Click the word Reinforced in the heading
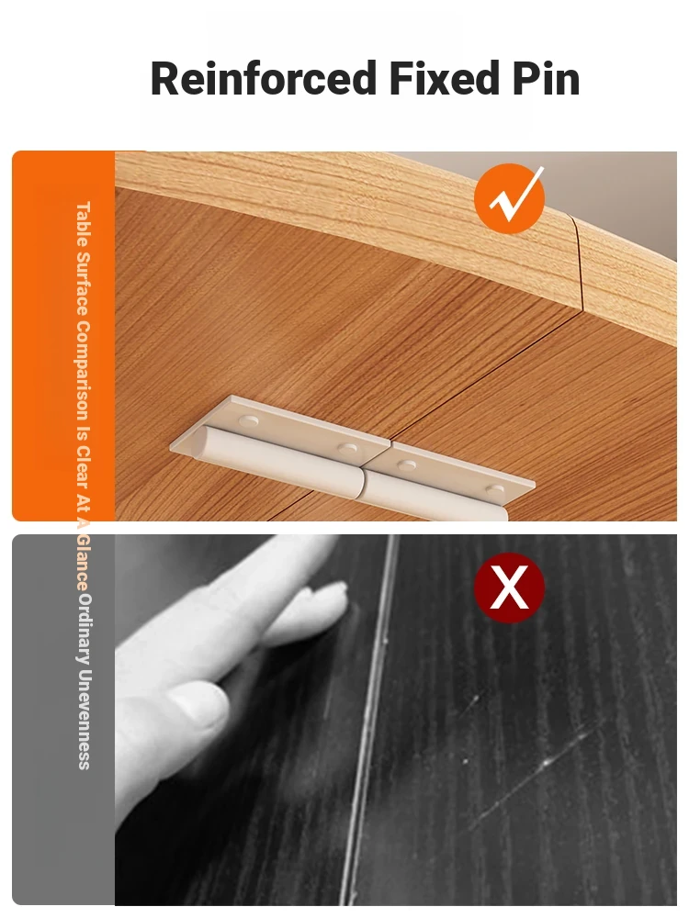click(x=264, y=78)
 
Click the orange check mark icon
click(x=510, y=196)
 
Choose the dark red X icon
click(x=509, y=588)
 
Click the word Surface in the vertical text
click(x=84, y=285)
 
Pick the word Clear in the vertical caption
click(x=84, y=468)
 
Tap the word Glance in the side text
click(x=84, y=562)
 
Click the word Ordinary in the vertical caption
click(x=84, y=630)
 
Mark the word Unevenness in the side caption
click(x=84, y=720)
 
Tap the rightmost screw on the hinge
click(x=495, y=489)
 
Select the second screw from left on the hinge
click(x=347, y=449)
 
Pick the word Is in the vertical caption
click(x=84, y=432)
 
